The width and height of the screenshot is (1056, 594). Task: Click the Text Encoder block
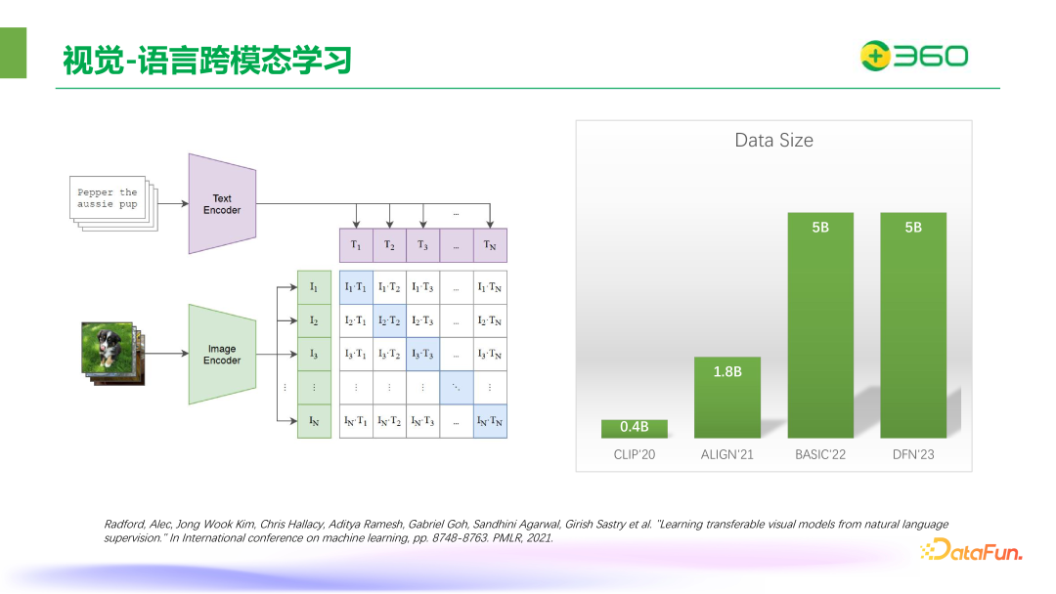pos(222,203)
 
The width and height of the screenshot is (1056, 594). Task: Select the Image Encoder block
pos(222,354)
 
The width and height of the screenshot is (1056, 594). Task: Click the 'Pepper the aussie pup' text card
pos(109,198)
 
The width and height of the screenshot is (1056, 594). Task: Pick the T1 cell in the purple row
pos(356,245)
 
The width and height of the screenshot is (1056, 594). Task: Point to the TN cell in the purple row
pos(490,245)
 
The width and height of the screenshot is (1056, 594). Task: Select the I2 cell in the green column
pos(314,320)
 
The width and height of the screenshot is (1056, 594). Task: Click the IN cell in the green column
pos(314,421)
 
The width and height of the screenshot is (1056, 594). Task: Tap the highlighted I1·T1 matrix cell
pos(356,287)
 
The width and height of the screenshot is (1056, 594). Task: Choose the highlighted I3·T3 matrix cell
pos(422,354)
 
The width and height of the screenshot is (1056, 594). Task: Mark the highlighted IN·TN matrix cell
pos(490,421)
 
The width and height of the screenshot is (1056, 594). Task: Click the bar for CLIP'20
pos(635,428)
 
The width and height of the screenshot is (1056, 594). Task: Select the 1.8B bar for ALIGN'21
pos(727,398)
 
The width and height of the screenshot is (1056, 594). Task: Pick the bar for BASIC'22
pos(820,325)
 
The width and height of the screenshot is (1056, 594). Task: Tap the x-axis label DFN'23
pos(913,454)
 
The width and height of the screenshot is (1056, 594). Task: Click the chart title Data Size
pos(773,141)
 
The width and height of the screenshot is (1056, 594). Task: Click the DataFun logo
pos(970,552)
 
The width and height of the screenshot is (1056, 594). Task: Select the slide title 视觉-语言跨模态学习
pos(206,61)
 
